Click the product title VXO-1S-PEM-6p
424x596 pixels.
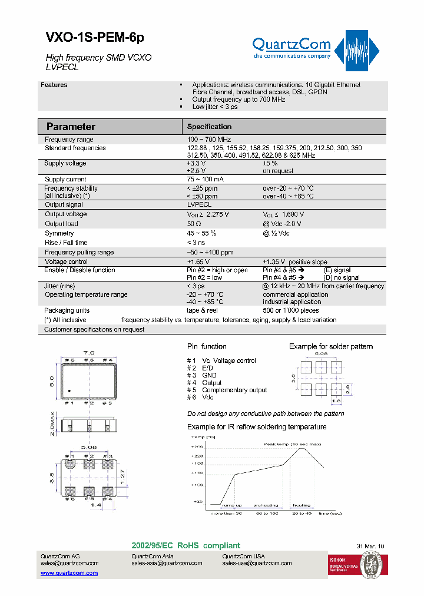pos(94,37)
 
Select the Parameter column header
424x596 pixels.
pos(71,127)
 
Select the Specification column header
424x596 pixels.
pos(209,127)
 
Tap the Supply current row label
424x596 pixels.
pos(65,179)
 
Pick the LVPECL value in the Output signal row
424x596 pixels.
pos(199,205)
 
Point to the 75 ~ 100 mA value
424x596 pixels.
pos(205,179)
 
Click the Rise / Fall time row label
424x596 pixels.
pos(66,243)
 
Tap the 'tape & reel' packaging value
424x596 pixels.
pos(203,310)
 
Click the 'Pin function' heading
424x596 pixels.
pos(207,346)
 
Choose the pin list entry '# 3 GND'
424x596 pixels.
pos(201,375)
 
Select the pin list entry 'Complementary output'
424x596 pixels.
pos(234,390)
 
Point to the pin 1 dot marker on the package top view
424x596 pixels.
pos(69,391)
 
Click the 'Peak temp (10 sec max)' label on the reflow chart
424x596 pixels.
pos(291,444)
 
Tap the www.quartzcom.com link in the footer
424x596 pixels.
pos(69,572)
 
